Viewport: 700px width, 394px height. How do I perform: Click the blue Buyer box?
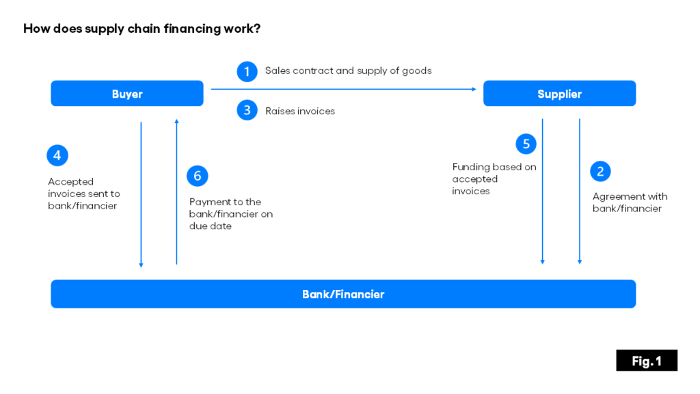[127, 94]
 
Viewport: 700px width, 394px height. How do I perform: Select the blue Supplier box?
[559, 94]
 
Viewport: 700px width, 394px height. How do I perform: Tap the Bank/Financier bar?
[343, 294]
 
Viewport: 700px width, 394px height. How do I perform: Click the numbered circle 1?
[247, 71]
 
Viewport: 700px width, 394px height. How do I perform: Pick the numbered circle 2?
[600, 172]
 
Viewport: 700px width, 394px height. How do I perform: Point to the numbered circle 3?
[247, 110]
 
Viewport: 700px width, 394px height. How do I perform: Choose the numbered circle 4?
[57, 156]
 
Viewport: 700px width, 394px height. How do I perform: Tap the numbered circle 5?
[526, 144]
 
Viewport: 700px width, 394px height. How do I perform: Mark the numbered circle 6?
[197, 176]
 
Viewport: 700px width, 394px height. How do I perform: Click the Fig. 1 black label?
[646, 360]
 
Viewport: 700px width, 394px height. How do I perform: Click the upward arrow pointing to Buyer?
[176, 192]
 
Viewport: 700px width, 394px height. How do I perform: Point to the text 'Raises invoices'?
[300, 111]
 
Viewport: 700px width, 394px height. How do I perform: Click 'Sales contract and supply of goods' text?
[348, 70]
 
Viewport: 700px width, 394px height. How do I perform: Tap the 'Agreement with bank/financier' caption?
[630, 202]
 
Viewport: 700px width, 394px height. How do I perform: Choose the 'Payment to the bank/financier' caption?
[230, 214]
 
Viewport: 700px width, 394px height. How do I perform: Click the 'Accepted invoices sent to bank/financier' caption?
[83, 194]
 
